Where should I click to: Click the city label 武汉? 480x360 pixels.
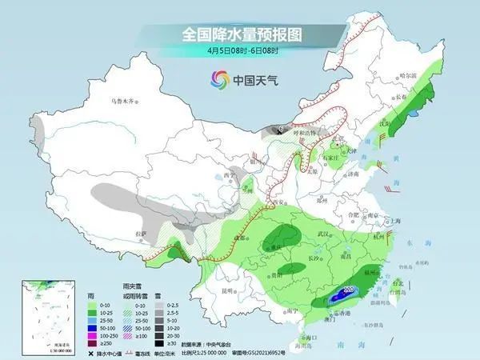click(324, 233)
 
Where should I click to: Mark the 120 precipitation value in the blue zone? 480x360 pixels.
click(349, 290)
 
